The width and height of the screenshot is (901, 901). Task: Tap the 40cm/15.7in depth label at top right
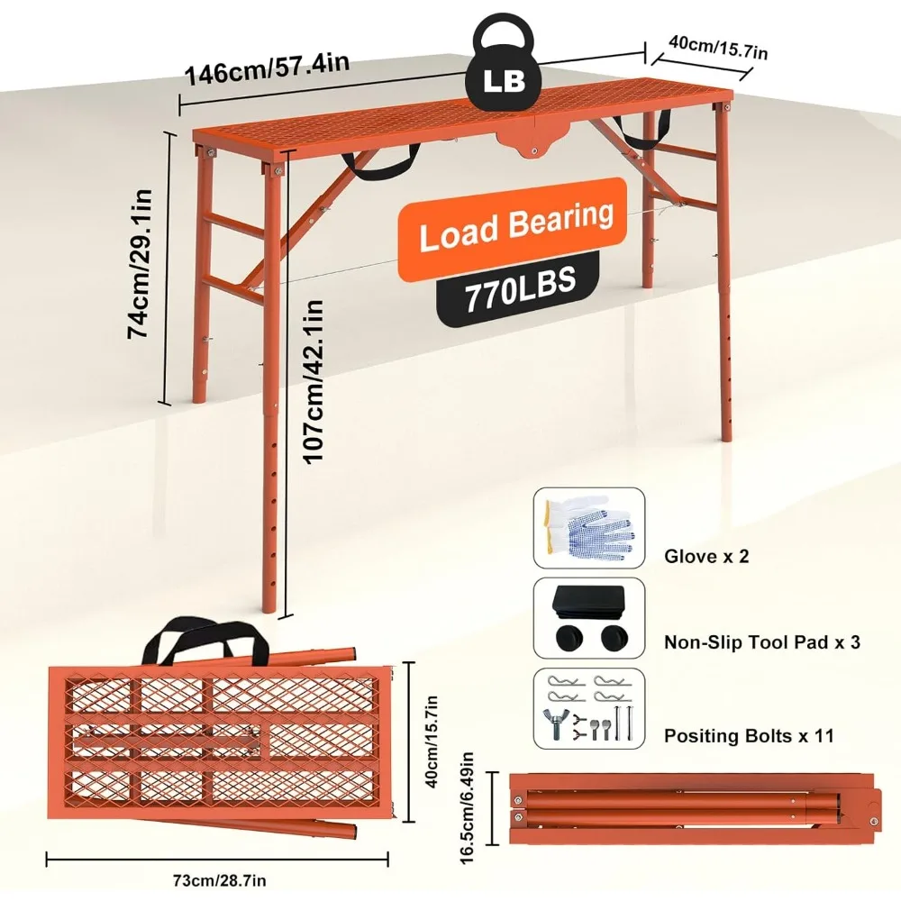(x=718, y=46)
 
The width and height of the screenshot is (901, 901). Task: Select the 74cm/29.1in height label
(x=140, y=263)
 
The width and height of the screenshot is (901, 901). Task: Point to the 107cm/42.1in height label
(x=314, y=381)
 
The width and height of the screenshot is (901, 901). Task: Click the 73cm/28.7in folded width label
(x=220, y=879)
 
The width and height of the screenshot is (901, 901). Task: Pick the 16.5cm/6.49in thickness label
(x=467, y=807)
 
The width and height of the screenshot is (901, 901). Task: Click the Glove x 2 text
(x=706, y=556)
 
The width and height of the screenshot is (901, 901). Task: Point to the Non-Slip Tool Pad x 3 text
(x=762, y=642)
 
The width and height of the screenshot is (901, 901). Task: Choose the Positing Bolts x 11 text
(x=749, y=736)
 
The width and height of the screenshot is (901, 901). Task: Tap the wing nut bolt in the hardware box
(x=555, y=723)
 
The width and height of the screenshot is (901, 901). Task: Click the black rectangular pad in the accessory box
(x=590, y=600)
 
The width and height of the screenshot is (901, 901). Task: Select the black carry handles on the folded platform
(x=204, y=642)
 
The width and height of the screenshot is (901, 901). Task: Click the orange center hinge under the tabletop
(x=532, y=139)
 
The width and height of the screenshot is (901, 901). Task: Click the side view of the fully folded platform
(x=695, y=809)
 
